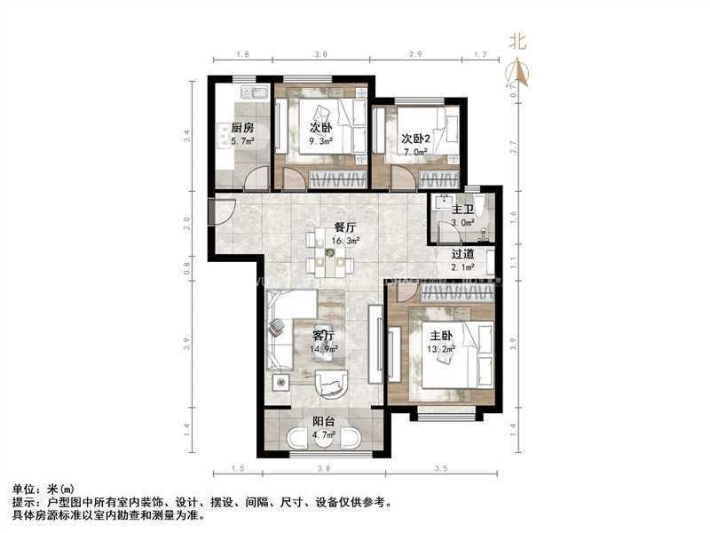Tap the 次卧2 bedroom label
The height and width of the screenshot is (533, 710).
click(415, 139)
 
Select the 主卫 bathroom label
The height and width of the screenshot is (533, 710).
click(462, 209)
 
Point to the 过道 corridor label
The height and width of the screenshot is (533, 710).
click(462, 252)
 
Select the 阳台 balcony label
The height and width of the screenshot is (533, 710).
click(324, 422)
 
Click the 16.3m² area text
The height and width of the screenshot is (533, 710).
click(321, 240)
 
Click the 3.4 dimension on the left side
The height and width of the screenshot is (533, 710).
click(186, 136)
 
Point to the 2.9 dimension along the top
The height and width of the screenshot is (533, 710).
click(414, 55)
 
